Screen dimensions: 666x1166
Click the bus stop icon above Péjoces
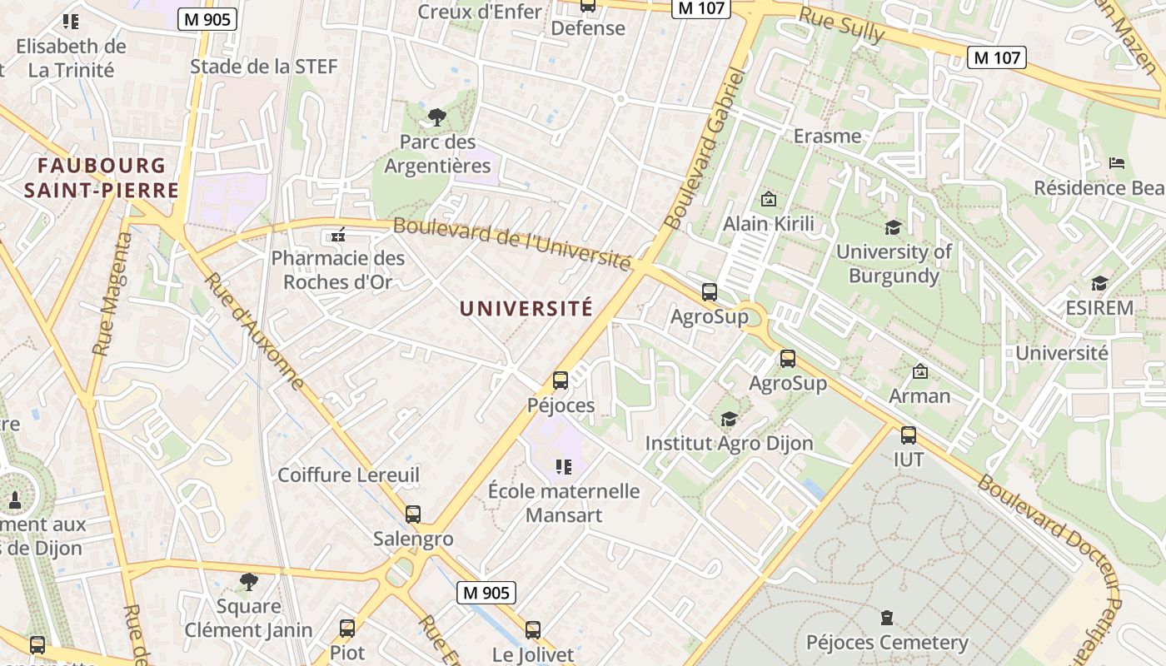tap(561, 380)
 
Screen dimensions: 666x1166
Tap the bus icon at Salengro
tap(413, 514)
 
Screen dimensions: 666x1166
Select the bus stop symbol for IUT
tap(909, 435)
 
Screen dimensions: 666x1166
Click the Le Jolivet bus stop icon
tap(533, 630)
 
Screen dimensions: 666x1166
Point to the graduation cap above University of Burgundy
tap(893, 227)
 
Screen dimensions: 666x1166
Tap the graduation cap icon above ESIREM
tap(1099, 284)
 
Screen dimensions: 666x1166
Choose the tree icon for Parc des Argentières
tap(436, 117)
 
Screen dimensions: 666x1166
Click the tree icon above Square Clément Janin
tap(248, 581)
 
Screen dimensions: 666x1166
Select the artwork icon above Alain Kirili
tap(768, 200)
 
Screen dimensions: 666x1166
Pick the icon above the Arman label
tap(920, 371)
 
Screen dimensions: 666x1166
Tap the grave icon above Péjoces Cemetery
tap(887, 618)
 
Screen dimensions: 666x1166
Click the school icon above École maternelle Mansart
tap(564, 467)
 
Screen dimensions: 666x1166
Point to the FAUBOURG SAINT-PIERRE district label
tap(102, 178)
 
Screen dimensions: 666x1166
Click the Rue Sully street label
tap(841, 26)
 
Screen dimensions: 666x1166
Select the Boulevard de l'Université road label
tap(511, 242)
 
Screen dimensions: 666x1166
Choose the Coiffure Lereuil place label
tap(348, 475)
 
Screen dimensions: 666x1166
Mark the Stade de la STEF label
tap(264, 67)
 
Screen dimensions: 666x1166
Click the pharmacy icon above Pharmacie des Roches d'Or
tap(338, 236)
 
